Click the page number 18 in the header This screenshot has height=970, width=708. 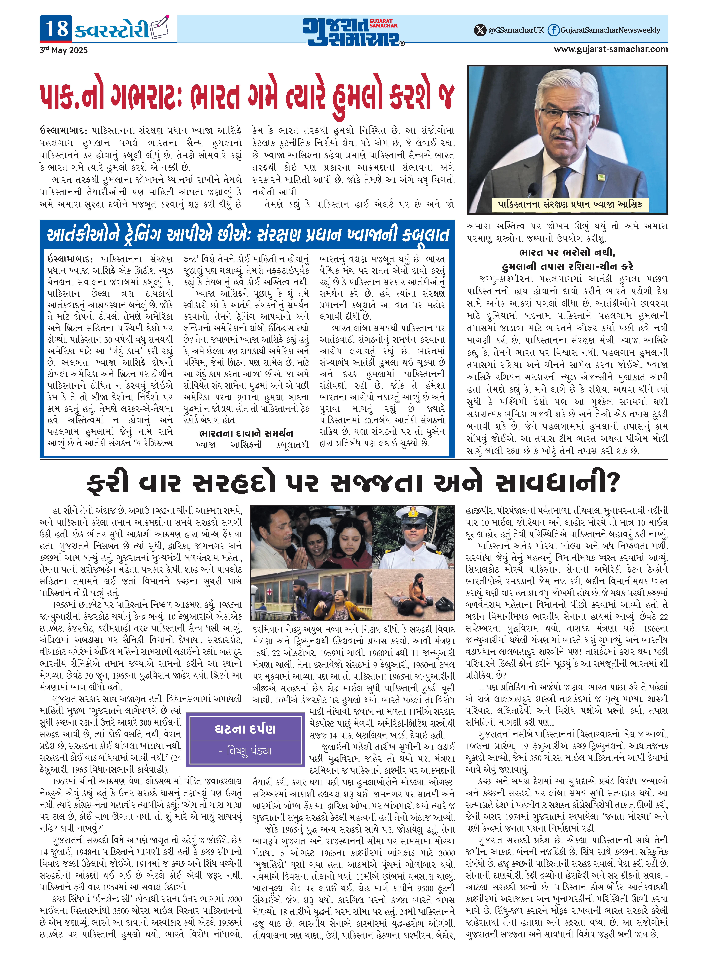coord(56,29)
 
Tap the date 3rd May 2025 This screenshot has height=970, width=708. coord(63,50)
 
